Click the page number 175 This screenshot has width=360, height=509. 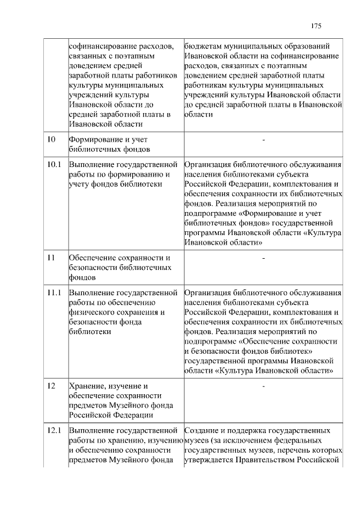pos(316,26)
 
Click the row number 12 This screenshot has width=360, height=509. pos(51,386)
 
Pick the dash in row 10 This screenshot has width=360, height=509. pos(263,139)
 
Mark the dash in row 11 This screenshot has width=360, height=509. pos(263,258)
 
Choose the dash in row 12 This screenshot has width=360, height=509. pos(263,386)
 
